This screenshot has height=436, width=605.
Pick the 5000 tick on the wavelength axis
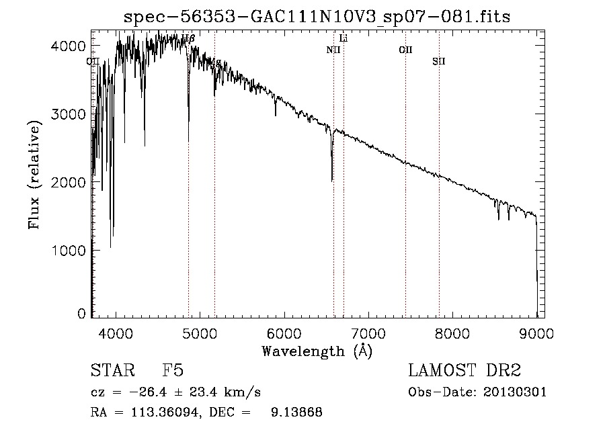pos(200,333)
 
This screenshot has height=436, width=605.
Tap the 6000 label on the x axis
pos(284,333)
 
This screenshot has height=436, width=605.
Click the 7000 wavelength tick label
pos(368,333)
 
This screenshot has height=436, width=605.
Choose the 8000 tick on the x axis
pos(452,333)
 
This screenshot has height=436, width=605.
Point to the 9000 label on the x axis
pos(536,333)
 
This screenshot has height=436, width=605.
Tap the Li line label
pos(344,38)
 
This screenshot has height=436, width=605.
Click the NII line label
pos(333,50)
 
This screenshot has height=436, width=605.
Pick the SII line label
pos(439,62)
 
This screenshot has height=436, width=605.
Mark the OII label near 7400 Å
pos(405,50)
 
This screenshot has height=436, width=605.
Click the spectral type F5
pos(173,372)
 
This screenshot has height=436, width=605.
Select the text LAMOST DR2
pos(465,372)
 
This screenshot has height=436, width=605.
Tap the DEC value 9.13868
pos(298,412)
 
